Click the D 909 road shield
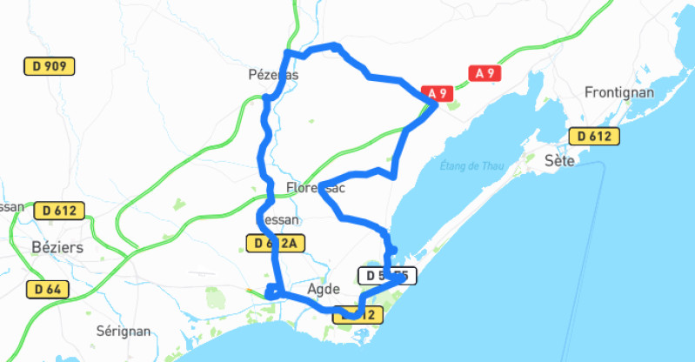(x=49, y=65)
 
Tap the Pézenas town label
(x=273, y=76)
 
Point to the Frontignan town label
(x=618, y=91)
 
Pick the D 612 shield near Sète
(x=594, y=136)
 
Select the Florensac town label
(x=315, y=187)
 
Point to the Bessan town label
(x=279, y=220)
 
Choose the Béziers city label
(x=57, y=247)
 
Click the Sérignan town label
(x=123, y=332)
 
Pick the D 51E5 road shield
(x=387, y=277)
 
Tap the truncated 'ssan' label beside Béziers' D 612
(x=12, y=207)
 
